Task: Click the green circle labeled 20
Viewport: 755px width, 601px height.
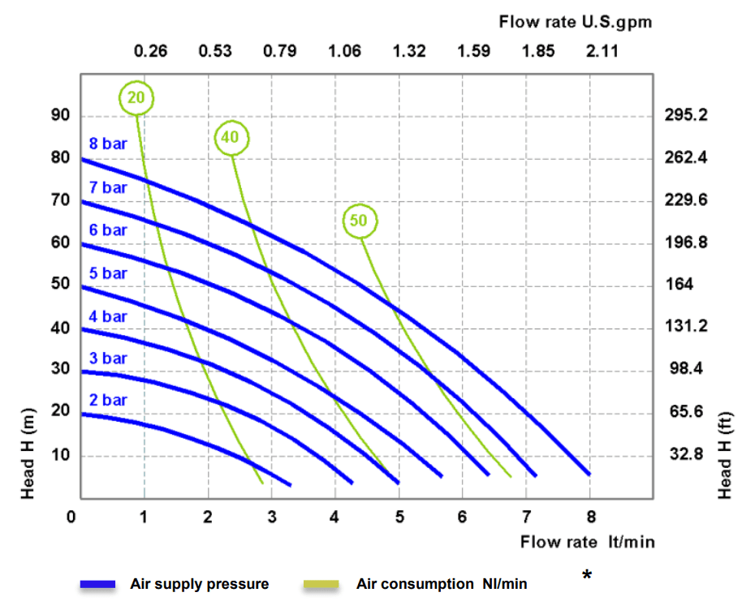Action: click(x=136, y=98)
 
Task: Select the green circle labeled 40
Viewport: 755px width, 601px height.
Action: click(x=231, y=138)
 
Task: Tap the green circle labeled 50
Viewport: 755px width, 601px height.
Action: click(x=360, y=220)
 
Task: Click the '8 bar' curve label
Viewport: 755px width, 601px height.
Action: click(x=108, y=144)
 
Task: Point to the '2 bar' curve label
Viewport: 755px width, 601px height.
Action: click(x=108, y=400)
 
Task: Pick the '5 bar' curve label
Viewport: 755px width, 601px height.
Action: click(x=108, y=273)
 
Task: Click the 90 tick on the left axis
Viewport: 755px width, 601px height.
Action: click(x=61, y=115)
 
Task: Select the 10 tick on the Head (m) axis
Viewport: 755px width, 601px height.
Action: click(x=61, y=455)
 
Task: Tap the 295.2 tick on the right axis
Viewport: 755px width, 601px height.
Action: click(x=685, y=115)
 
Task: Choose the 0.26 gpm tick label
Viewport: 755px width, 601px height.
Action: click(x=150, y=51)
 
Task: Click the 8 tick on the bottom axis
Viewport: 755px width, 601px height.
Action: click(x=590, y=516)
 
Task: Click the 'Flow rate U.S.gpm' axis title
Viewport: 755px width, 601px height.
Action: click(x=575, y=22)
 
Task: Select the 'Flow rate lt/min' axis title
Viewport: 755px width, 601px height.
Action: click(x=587, y=542)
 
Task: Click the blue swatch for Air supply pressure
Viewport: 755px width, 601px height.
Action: click(x=99, y=584)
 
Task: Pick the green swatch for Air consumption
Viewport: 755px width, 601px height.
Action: click(x=321, y=584)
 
